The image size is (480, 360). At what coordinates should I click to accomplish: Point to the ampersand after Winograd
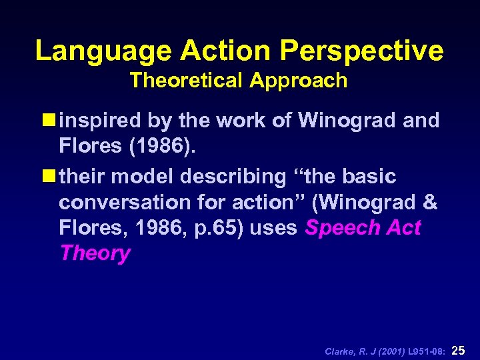pos(429,202)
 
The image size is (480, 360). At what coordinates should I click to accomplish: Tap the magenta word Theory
pos(95,253)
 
